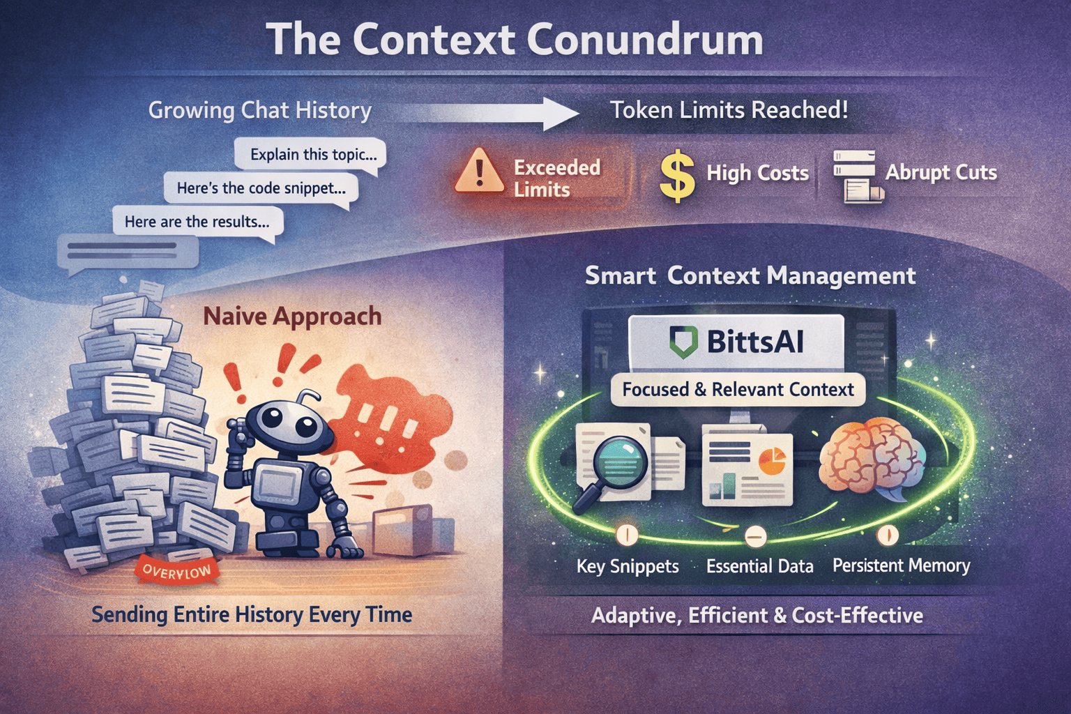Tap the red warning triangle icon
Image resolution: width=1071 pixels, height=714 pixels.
pos(479,172)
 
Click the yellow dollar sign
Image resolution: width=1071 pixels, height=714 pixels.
pos(677,176)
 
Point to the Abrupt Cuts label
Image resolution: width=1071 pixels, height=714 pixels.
pos(941,172)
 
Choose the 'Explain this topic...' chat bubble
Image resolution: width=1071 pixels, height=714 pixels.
pos(311,154)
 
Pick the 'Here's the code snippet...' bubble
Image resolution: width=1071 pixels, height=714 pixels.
pos(261,188)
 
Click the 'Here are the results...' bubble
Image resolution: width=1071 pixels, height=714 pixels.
pos(197,222)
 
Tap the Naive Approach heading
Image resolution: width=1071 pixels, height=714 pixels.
pos(292,316)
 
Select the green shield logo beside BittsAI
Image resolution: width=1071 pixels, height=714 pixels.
pos(683,342)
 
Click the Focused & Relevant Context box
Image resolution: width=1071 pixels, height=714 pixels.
pos(738,389)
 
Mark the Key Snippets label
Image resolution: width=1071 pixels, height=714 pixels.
pos(628,566)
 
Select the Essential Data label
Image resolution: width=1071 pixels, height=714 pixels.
pos(759,566)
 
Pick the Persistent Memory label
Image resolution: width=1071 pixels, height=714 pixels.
pos(901,565)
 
